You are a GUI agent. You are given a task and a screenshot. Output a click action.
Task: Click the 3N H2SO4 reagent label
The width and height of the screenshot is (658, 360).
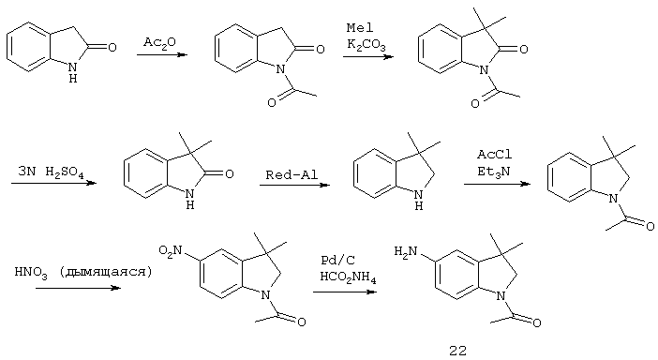(52, 171)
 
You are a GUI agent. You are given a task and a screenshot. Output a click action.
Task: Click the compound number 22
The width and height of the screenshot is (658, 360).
(456, 350)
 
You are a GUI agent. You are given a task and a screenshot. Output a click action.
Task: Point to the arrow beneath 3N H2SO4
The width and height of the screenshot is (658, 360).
(53, 184)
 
